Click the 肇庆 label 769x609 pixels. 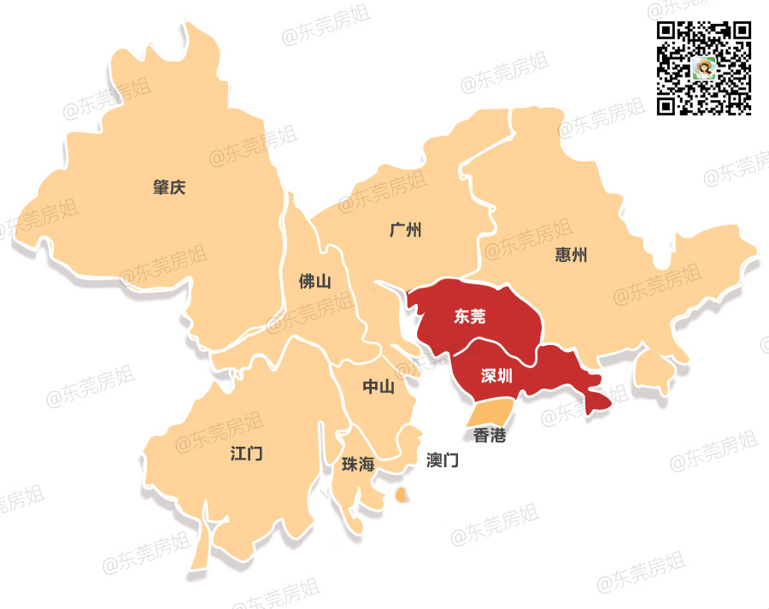(169, 188)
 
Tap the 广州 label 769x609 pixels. (405, 231)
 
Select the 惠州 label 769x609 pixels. (571, 255)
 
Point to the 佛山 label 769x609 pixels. (314, 282)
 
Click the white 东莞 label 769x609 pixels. (470, 317)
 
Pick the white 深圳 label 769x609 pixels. (496, 376)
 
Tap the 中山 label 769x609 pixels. (379, 387)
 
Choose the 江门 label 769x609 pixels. (246, 454)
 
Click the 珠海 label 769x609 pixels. (358, 465)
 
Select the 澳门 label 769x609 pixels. (443, 460)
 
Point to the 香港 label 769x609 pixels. (490, 436)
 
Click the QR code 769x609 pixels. (703, 68)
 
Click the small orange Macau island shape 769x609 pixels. (401, 495)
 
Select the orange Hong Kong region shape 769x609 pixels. (490, 413)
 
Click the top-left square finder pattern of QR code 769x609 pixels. (667, 32)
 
